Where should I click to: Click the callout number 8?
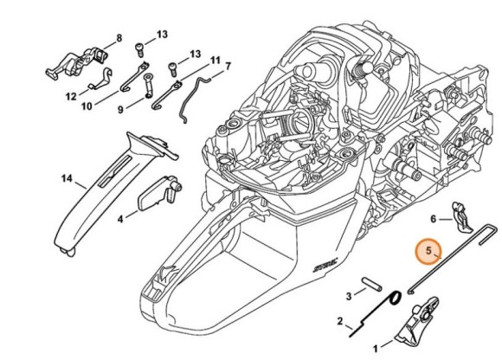[119, 38]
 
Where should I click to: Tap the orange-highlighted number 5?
[428, 251]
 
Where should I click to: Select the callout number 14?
[67, 178]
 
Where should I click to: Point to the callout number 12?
[71, 96]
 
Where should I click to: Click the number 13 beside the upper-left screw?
[162, 34]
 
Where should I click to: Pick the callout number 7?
[228, 67]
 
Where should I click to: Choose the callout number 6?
[433, 219]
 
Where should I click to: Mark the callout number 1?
[376, 348]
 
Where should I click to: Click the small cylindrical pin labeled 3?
[371, 284]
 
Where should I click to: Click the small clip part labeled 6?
[461, 217]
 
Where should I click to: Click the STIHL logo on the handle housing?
[325, 266]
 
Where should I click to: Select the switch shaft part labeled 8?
[79, 64]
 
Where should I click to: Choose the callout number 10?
[87, 106]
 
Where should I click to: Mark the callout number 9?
[120, 110]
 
